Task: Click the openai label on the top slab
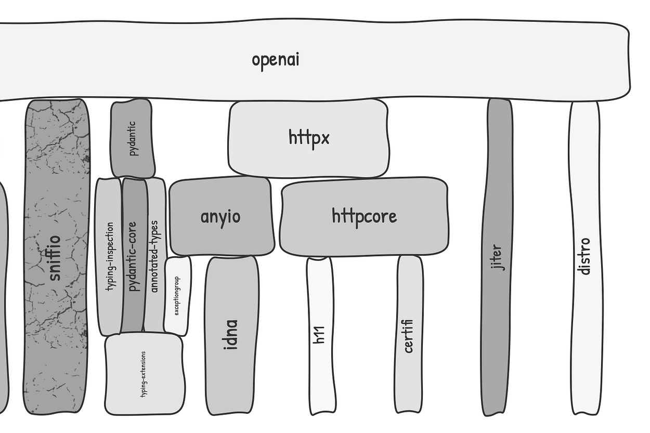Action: coord(276,59)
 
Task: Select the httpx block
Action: coord(309,138)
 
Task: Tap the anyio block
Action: coord(221,216)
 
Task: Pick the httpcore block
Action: coord(364,216)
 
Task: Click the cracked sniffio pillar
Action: coord(56,312)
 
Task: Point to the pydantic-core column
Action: coord(133,255)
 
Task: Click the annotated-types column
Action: coord(154,255)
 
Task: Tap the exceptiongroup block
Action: coord(177,296)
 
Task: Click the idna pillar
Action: coord(231,335)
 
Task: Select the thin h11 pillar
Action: coord(320,335)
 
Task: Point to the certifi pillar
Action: coord(409,336)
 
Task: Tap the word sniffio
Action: coord(55,258)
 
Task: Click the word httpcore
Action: coord(364,216)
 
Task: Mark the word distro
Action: coord(585,256)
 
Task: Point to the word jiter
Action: coord(497,257)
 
